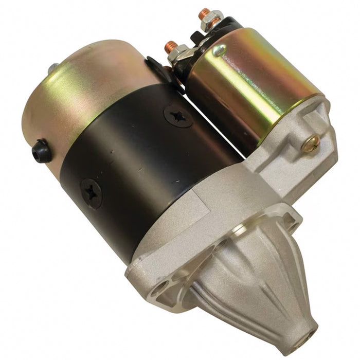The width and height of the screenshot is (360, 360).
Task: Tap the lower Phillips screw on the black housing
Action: [x=92, y=193]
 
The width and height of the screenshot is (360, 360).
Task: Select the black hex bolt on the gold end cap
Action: [x=41, y=151]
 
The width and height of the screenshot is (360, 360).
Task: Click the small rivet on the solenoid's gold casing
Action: [x=220, y=50]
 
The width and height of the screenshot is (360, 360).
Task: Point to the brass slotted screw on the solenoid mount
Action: [x=309, y=145]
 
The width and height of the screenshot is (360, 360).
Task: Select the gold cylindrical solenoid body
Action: [x=252, y=82]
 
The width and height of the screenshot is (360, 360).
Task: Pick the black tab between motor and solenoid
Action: [x=154, y=67]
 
